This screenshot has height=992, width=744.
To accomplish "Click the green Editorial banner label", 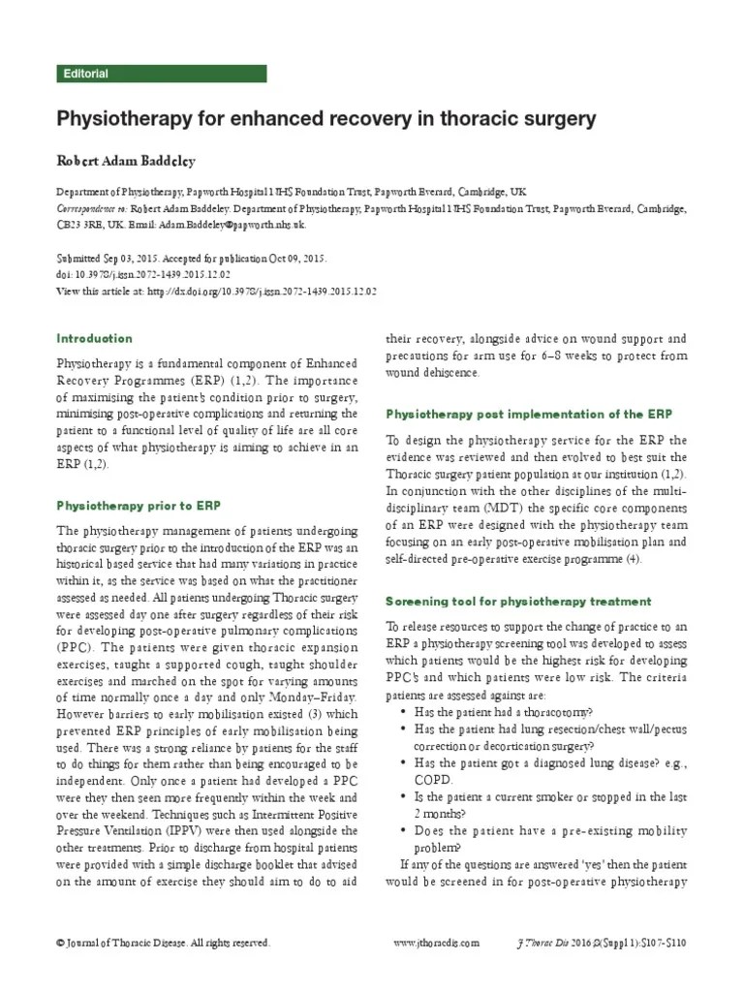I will (x=85, y=74).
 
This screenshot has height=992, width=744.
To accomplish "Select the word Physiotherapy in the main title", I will (x=123, y=120).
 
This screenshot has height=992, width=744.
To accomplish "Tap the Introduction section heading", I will (x=95, y=339).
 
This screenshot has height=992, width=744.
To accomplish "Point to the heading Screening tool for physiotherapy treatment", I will (x=518, y=602).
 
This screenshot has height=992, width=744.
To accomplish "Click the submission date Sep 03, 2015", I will (x=132, y=260).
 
